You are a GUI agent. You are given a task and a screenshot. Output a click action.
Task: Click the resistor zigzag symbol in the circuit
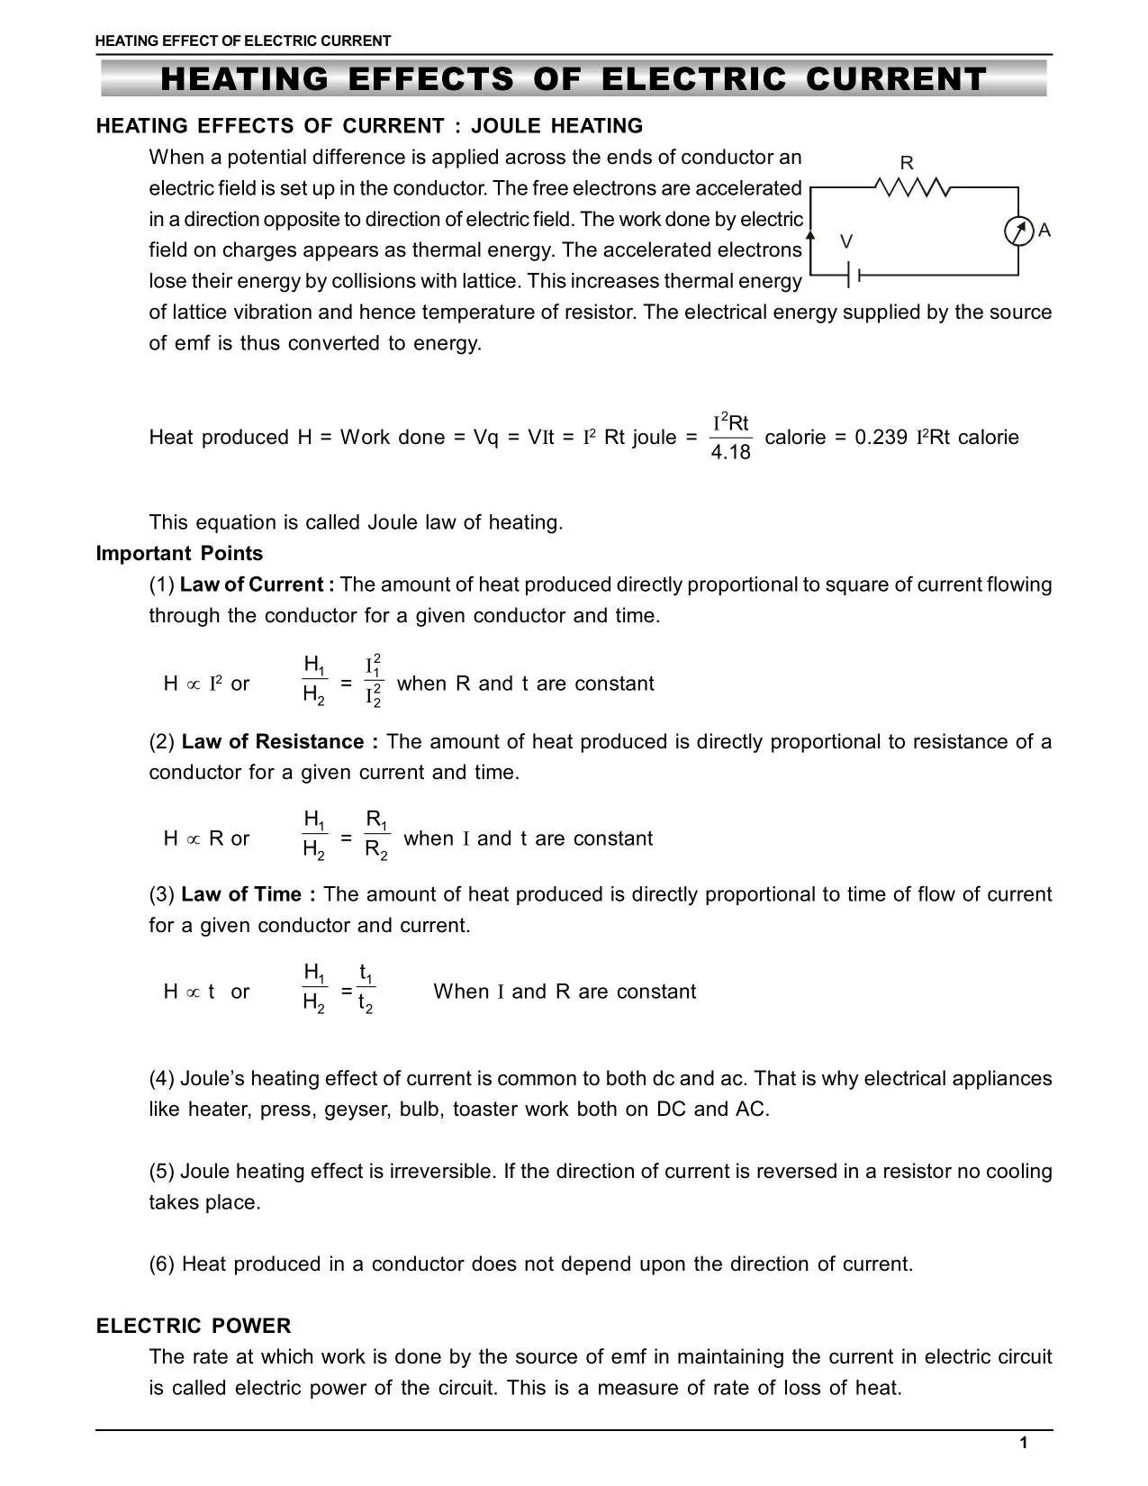[910, 187]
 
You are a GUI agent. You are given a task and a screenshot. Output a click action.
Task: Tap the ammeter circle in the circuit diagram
[1018, 231]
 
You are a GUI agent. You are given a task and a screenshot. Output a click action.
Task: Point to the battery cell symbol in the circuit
[854, 274]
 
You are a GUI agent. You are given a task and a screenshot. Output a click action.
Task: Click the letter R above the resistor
[907, 163]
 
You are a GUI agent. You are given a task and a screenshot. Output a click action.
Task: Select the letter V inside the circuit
[846, 241]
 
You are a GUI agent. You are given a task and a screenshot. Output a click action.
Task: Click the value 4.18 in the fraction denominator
[730, 452]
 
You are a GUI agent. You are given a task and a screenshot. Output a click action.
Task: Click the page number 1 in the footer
[1024, 1444]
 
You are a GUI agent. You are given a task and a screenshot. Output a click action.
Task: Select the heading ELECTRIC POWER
[194, 1326]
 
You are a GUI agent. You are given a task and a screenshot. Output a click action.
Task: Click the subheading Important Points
[179, 553]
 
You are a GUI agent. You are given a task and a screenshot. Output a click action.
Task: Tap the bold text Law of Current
[256, 584]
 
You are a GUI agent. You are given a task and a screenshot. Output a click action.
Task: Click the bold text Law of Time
[248, 894]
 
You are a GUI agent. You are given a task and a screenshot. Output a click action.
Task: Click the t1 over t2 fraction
[366, 988]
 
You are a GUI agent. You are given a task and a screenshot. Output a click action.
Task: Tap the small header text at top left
[243, 41]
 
